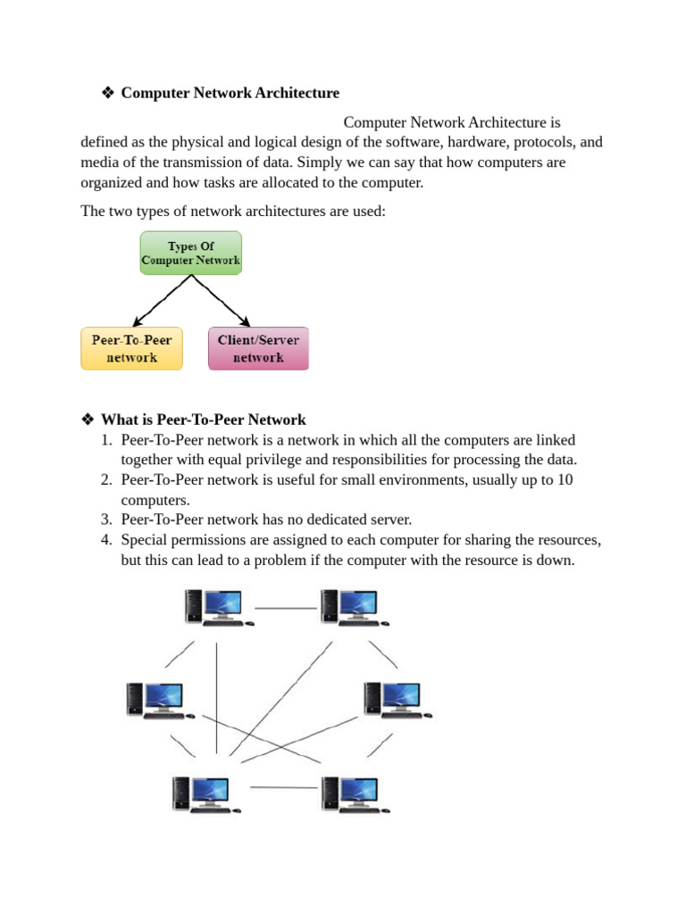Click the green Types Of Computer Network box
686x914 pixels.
pos(190,253)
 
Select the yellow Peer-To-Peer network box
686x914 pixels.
pos(131,348)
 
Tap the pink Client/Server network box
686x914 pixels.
pos(258,348)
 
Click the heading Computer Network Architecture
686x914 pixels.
pos(230,93)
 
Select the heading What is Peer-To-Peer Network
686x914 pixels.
pos(204,420)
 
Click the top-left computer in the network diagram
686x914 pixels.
pos(213,607)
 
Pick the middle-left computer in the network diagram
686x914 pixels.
pos(155,700)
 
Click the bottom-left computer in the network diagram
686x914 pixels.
pos(203,793)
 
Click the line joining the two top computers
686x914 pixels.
pos(286,608)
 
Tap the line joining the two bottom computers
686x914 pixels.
pos(284,787)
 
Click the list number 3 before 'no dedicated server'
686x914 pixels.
pos(105,519)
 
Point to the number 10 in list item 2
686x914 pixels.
pos(565,480)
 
